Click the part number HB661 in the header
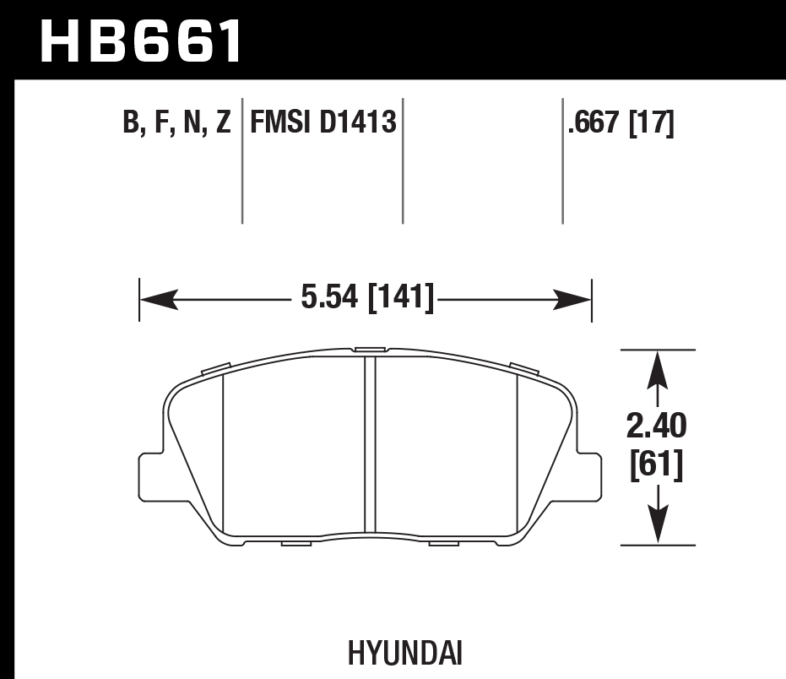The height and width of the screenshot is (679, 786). [141, 41]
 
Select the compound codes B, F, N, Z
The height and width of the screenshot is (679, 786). [176, 124]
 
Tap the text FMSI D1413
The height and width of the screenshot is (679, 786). [323, 124]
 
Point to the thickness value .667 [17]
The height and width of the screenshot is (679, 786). [621, 124]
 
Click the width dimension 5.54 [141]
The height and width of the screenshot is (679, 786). [366, 298]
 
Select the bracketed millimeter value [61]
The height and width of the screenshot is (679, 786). [657, 465]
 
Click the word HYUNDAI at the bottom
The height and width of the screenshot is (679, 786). [393, 654]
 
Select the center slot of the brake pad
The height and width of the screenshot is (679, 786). [369, 443]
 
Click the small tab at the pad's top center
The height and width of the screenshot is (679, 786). [369, 348]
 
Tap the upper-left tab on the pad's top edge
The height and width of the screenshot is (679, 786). [218, 368]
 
